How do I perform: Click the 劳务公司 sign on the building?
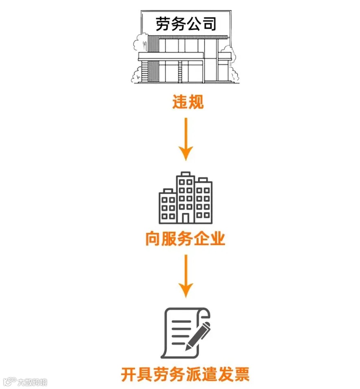(x=185, y=24)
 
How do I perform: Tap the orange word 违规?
(x=187, y=102)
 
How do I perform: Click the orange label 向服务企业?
(x=185, y=239)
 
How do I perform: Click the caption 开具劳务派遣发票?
(x=185, y=374)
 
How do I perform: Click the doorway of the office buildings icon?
(x=186, y=217)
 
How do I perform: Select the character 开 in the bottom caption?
(x=129, y=374)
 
